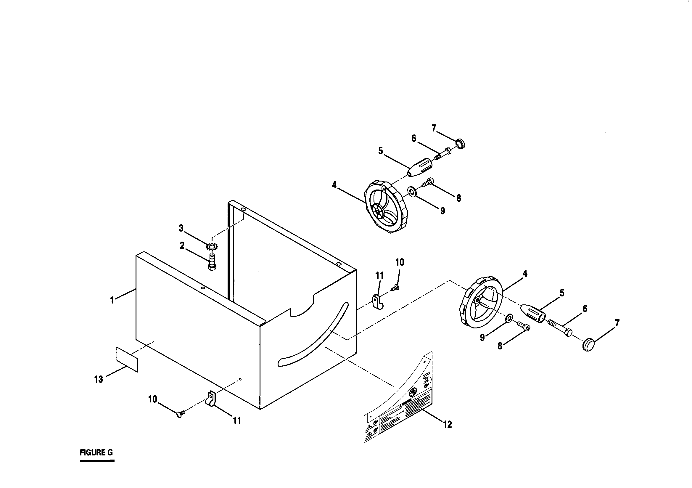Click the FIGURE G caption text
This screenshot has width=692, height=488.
[x=96, y=453]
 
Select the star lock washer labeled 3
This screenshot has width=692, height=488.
[x=212, y=247]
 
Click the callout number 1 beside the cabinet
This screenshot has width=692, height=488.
[x=112, y=300]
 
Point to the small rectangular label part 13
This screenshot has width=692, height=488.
[x=127, y=359]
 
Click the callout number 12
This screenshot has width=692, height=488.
[x=448, y=425]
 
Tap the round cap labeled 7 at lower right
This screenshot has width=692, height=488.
[x=588, y=345]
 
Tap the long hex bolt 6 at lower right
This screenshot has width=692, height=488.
[x=560, y=328]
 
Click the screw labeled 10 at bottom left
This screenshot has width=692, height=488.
[x=180, y=415]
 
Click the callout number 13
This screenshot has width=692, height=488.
[x=99, y=379]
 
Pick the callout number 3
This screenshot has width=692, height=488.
[x=181, y=228]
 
